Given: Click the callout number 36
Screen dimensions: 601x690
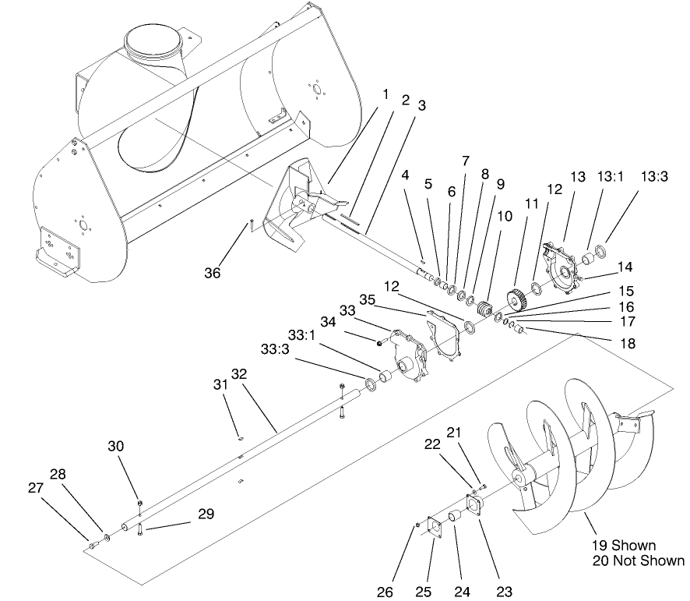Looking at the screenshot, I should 213,273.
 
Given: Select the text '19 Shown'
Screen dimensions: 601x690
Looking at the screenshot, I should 622,545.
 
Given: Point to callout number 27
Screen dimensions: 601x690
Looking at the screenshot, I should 34,489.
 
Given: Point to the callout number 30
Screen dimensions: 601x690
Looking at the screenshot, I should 116,445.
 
